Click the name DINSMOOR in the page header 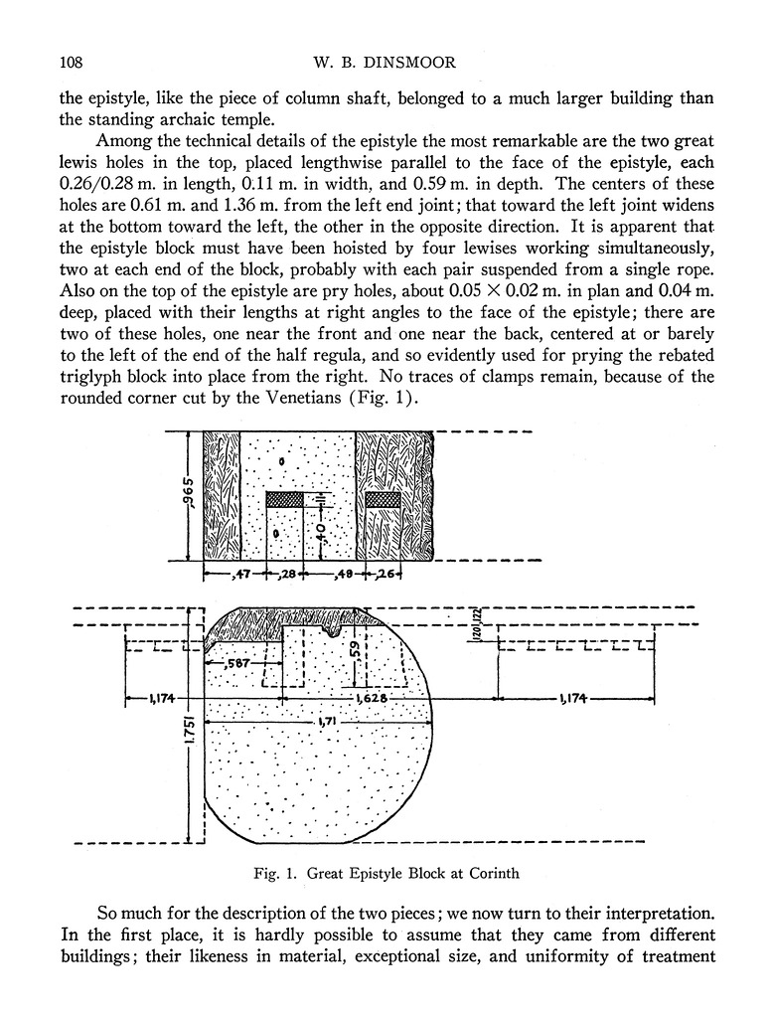[x=413, y=63]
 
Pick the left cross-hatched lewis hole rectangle [x=284, y=500]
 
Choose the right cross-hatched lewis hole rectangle [x=384, y=500]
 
